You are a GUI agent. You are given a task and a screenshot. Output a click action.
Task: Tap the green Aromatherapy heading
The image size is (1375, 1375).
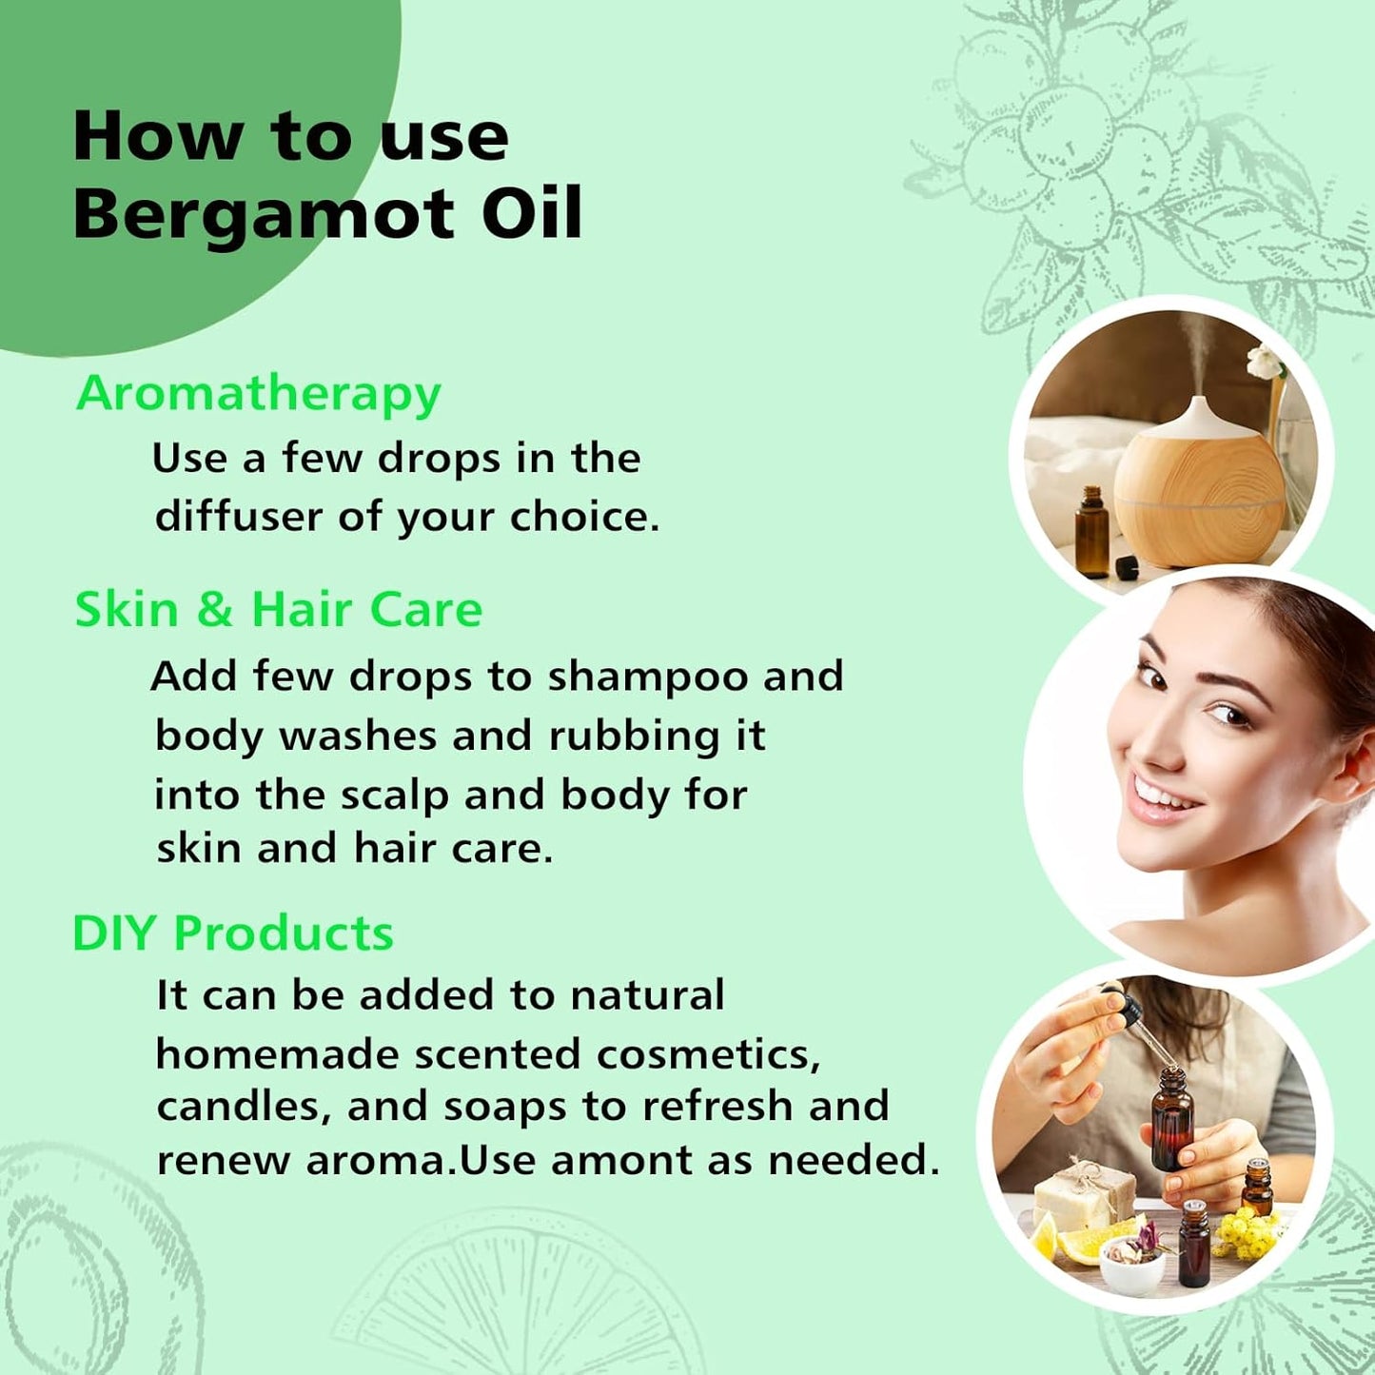(x=258, y=393)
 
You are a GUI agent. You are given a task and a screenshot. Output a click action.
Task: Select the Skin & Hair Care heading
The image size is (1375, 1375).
(x=278, y=609)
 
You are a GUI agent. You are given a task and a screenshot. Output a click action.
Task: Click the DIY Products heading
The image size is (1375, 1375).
(x=233, y=933)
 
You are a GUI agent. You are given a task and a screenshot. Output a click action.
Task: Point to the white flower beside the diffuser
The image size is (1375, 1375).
(x=1265, y=362)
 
